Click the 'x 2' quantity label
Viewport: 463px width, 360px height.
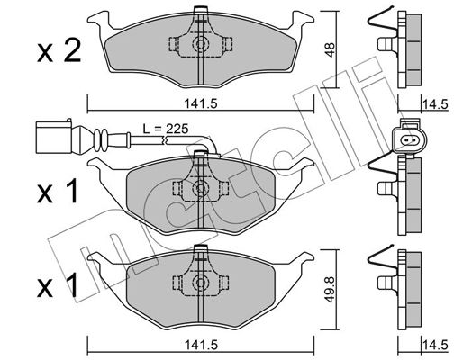point(59,51)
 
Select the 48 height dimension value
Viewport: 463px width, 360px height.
point(330,49)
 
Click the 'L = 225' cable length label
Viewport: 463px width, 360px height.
point(166,129)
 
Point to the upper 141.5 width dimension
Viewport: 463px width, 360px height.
point(201,103)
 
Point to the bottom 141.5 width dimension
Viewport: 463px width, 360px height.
point(201,345)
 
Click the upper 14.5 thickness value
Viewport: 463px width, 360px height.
point(435,105)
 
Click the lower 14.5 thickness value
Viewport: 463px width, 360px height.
point(435,345)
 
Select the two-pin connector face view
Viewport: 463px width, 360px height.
point(410,138)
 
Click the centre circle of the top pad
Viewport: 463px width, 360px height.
point(200,44)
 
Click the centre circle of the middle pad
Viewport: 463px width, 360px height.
point(200,188)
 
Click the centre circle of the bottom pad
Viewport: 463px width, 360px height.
point(200,282)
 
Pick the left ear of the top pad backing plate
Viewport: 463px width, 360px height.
point(98,21)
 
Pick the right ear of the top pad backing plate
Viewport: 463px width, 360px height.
point(303,21)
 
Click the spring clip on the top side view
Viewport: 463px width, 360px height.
point(382,21)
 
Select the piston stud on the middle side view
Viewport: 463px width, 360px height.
point(386,188)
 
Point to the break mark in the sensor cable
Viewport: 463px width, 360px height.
point(164,139)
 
